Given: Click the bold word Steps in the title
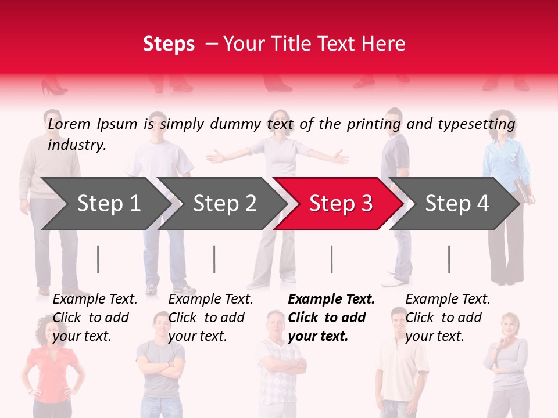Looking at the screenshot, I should click(x=169, y=44).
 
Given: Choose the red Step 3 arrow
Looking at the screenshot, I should click(x=341, y=203).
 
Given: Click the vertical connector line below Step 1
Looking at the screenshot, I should click(x=98, y=259).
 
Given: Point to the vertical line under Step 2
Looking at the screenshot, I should click(x=214, y=259).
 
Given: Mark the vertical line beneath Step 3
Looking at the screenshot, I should click(x=332, y=259).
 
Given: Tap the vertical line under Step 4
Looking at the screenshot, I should click(x=449, y=259).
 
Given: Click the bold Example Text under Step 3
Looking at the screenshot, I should click(x=331, y=300).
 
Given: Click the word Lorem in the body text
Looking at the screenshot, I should click(x=69, y=124).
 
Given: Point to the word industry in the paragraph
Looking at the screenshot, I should click(x=77, y=145).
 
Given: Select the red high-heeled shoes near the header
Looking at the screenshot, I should click(x=53, y=88).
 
